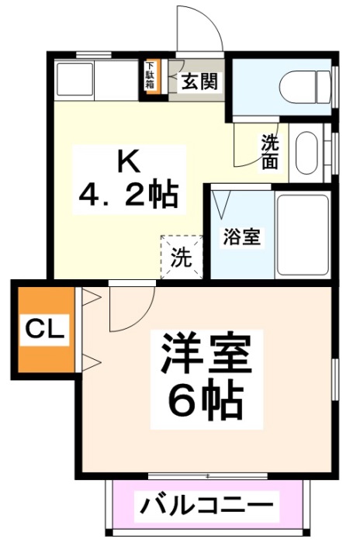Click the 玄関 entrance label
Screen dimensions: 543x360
pos(199,82)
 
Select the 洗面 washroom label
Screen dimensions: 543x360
pos(270,152)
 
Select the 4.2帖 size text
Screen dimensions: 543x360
pos(128,194)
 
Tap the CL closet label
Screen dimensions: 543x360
pos(43,329)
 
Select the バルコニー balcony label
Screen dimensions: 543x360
pos(209,509)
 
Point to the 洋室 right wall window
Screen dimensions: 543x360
pos(334,384)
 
